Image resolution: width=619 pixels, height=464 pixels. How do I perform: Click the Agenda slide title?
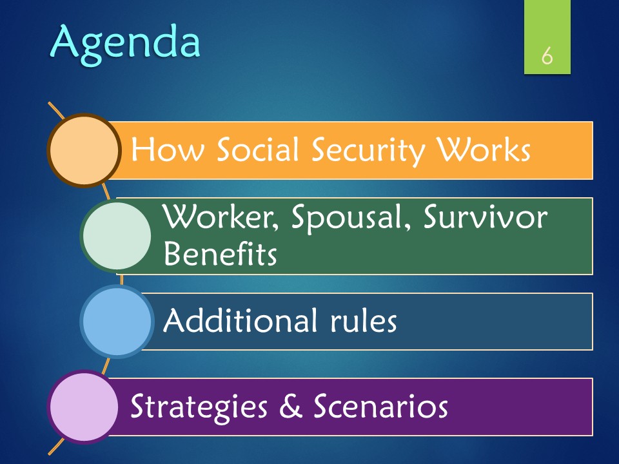(x=126, y=43)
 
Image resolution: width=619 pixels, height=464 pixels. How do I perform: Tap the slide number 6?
(x=547, y=56)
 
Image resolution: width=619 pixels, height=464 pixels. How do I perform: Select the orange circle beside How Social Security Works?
(x=84, y=150)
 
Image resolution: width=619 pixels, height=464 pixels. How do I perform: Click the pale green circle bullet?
(x=117, y=236)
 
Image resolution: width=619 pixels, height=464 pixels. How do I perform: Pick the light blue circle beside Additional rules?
(x=117, y=321)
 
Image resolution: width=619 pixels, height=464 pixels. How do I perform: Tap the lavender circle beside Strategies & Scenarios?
(x=84, y=407)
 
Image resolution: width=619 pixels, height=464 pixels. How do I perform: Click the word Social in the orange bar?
(x=257, y=150)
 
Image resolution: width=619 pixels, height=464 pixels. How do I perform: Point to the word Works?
(x=484, y=150)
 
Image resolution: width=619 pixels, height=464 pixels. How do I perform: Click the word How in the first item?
(x=168, y=150)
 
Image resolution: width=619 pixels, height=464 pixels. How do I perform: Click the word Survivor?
(x=486, y=217)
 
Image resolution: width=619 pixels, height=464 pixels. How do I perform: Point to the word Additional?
(x=241, y=320)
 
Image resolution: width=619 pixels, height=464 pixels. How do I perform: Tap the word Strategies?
(x=199, y=407)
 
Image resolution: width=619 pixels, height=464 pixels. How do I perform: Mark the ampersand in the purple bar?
(x=291, y=406)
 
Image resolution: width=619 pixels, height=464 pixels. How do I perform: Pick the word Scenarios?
(x=380, y=406)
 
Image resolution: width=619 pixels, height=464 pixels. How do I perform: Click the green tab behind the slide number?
(x=547, y=37)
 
